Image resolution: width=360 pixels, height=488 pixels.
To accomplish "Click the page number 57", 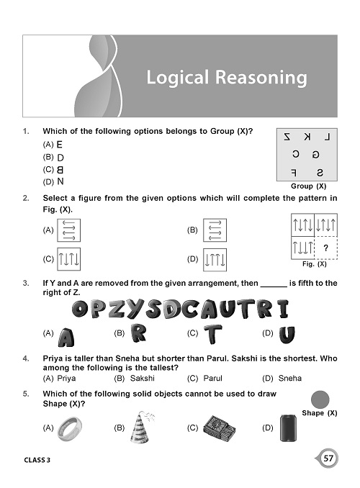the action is click(328, 458).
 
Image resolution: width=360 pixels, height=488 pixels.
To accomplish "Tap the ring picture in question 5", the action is click(72, 428).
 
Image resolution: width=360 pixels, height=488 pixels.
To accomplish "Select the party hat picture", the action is click(139, 426).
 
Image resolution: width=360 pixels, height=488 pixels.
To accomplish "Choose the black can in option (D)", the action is click(289, 427).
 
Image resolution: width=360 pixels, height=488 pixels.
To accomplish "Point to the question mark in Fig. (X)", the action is click(326, 248).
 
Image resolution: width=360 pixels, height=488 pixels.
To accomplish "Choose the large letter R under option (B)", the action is click(139, 334).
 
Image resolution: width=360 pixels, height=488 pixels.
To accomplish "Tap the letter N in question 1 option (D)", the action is click(60, 181).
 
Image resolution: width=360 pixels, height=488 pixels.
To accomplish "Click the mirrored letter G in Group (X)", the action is click(315, 154).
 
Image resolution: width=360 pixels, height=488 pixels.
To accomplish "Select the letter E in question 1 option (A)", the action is click(60, 144).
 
